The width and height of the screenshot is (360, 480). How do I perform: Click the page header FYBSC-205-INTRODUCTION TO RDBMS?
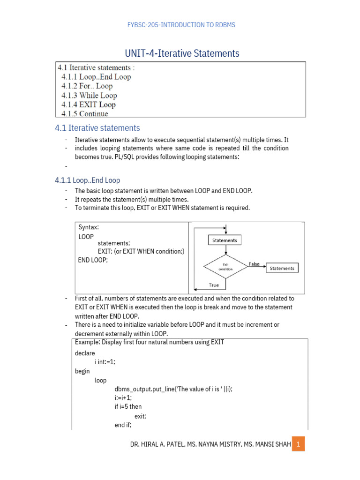(x=181, y=25)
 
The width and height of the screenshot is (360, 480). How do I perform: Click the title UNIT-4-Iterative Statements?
(x=181, y=53)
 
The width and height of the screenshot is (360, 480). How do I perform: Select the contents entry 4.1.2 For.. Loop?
(x=87, y=86)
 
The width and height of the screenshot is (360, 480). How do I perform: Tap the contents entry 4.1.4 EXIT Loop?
(x=88, y=105)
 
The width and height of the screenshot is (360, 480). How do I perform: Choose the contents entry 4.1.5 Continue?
(x=84, y=114)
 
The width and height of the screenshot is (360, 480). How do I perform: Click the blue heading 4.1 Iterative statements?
(x=97, y=128)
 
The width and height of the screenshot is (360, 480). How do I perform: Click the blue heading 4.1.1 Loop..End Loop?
(x=88, y=180)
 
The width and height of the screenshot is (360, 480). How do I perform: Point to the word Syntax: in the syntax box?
(x=89, y=227)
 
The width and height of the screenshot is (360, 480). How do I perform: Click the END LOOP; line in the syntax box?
(x=93, y=259)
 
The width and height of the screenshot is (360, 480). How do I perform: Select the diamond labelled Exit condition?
(x=225, y=267)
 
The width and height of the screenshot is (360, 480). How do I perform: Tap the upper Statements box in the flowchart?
(x=225, y=240)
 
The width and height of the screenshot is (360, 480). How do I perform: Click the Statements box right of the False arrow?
(x=282, y=269)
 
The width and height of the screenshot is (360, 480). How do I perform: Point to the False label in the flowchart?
(x=254, y=264)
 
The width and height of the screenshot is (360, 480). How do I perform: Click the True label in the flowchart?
(x=214, y=285)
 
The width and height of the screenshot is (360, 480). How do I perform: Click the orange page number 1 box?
(x=298, y=443)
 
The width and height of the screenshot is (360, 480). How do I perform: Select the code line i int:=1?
(x=105, y=362)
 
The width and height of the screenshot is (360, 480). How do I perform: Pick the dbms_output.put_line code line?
(x=173, y=389)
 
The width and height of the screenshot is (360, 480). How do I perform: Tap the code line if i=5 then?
(x=128, y=406)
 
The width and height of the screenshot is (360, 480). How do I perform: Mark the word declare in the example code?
(x=85, y=353)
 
